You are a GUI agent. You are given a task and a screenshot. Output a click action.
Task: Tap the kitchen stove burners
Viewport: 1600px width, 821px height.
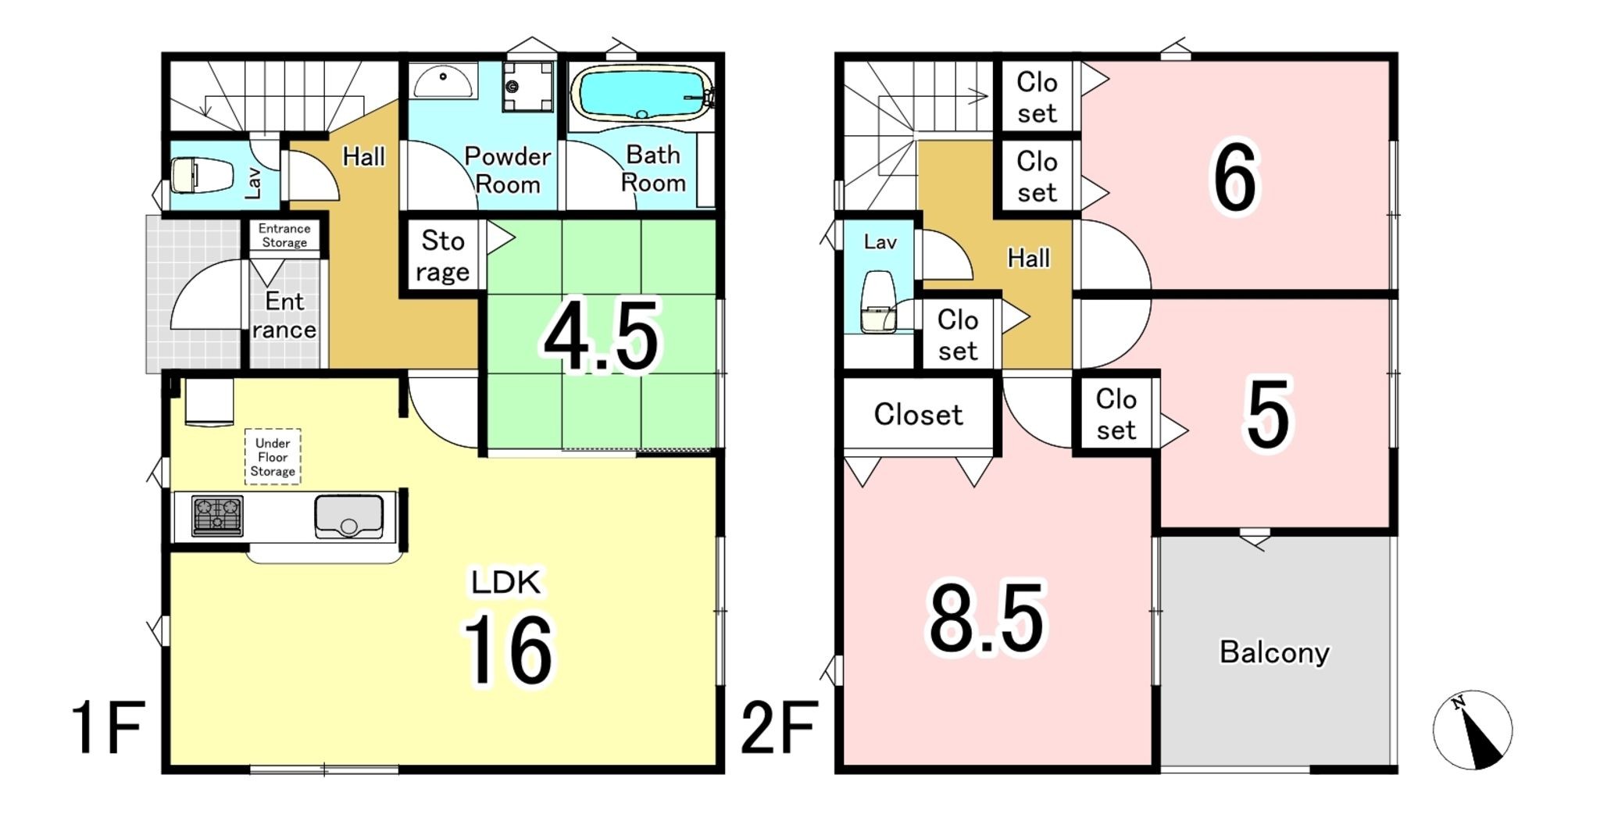click(x=217, y=516)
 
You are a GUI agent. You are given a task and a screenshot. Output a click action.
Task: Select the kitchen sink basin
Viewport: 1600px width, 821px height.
click(x=348, y=516)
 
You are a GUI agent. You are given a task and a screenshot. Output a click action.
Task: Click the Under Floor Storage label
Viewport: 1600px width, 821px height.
click(x=273, y=457)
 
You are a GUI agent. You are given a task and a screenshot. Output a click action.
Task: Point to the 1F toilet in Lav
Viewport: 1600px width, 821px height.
click(x=202, y=175)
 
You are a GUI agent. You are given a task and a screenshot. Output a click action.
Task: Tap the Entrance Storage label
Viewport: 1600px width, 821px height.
click(x=284, y=235)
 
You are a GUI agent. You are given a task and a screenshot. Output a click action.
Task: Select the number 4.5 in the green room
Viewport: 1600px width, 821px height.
click(x=602, y=337)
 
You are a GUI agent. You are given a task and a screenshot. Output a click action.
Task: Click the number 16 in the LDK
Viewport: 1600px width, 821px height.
click(x=508, y=650)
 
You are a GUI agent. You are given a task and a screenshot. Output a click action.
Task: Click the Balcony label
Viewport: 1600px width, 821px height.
click(x=1274, y=651)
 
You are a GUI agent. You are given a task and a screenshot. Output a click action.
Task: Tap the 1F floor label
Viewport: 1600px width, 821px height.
click(x=108, y=727)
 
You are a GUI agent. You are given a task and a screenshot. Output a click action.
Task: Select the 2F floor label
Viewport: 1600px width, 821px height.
click(x=779, y=727)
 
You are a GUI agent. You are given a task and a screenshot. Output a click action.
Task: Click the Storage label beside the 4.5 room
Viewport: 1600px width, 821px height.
click(x=443, y=255)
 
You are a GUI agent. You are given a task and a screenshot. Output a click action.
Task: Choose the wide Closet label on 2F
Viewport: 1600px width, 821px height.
click(x=918, y=414)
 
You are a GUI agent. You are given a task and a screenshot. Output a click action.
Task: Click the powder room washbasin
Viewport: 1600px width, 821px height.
click(x=443, y=81)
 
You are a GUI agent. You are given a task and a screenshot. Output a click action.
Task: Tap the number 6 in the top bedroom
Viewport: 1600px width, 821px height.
click(x=1234, y=177)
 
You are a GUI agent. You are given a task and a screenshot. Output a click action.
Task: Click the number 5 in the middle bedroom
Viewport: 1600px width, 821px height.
click(x=1268, y=416)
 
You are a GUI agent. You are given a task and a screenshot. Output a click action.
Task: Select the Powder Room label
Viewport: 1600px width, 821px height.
click(x=508, y=170)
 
